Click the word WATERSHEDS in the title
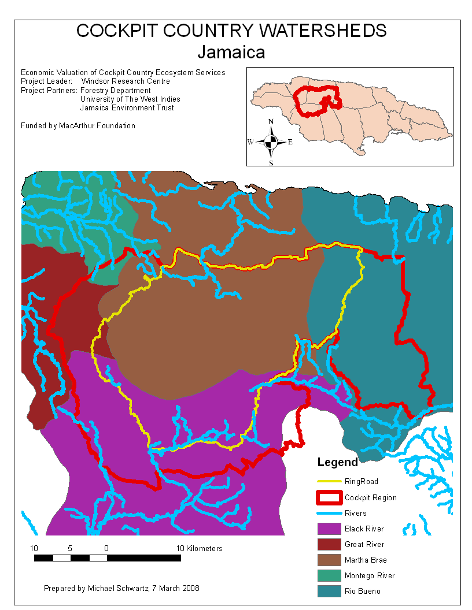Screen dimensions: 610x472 (313, 31)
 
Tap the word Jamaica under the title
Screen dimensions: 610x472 (231, 52)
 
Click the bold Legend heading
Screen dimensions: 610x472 (338, 463)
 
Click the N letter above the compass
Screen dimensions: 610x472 (271, 122)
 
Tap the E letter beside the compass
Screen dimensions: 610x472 (290, 142)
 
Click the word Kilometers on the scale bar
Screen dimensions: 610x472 (199, 548)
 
